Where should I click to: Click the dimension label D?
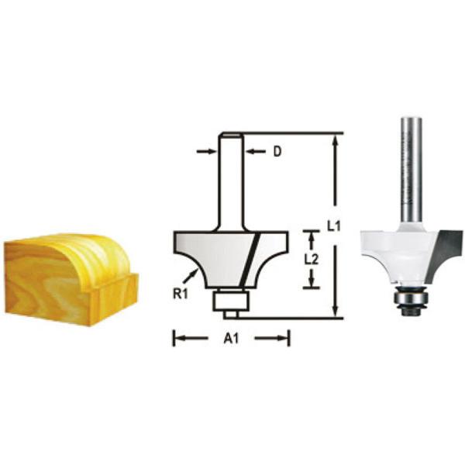coord(277,152)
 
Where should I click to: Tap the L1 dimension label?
coord(334,226)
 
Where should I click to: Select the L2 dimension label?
coord(312,260)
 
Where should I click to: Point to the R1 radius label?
coord(181,294)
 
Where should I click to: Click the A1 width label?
coord(231,338)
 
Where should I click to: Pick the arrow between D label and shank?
coord(256,152)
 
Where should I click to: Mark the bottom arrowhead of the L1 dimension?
coord(335,310)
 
